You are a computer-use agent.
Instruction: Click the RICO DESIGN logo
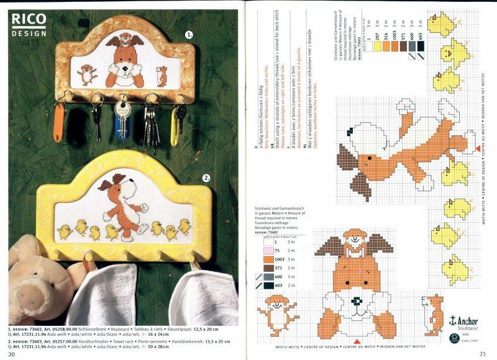pos(29,23)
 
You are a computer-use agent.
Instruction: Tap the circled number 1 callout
pos(189,35)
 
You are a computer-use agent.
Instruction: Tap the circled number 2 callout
pos(206,178)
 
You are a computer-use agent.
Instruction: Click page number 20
pos(12,354)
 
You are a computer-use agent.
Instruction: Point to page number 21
pos(483,354)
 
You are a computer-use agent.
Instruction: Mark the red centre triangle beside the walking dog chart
pos(477,148)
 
